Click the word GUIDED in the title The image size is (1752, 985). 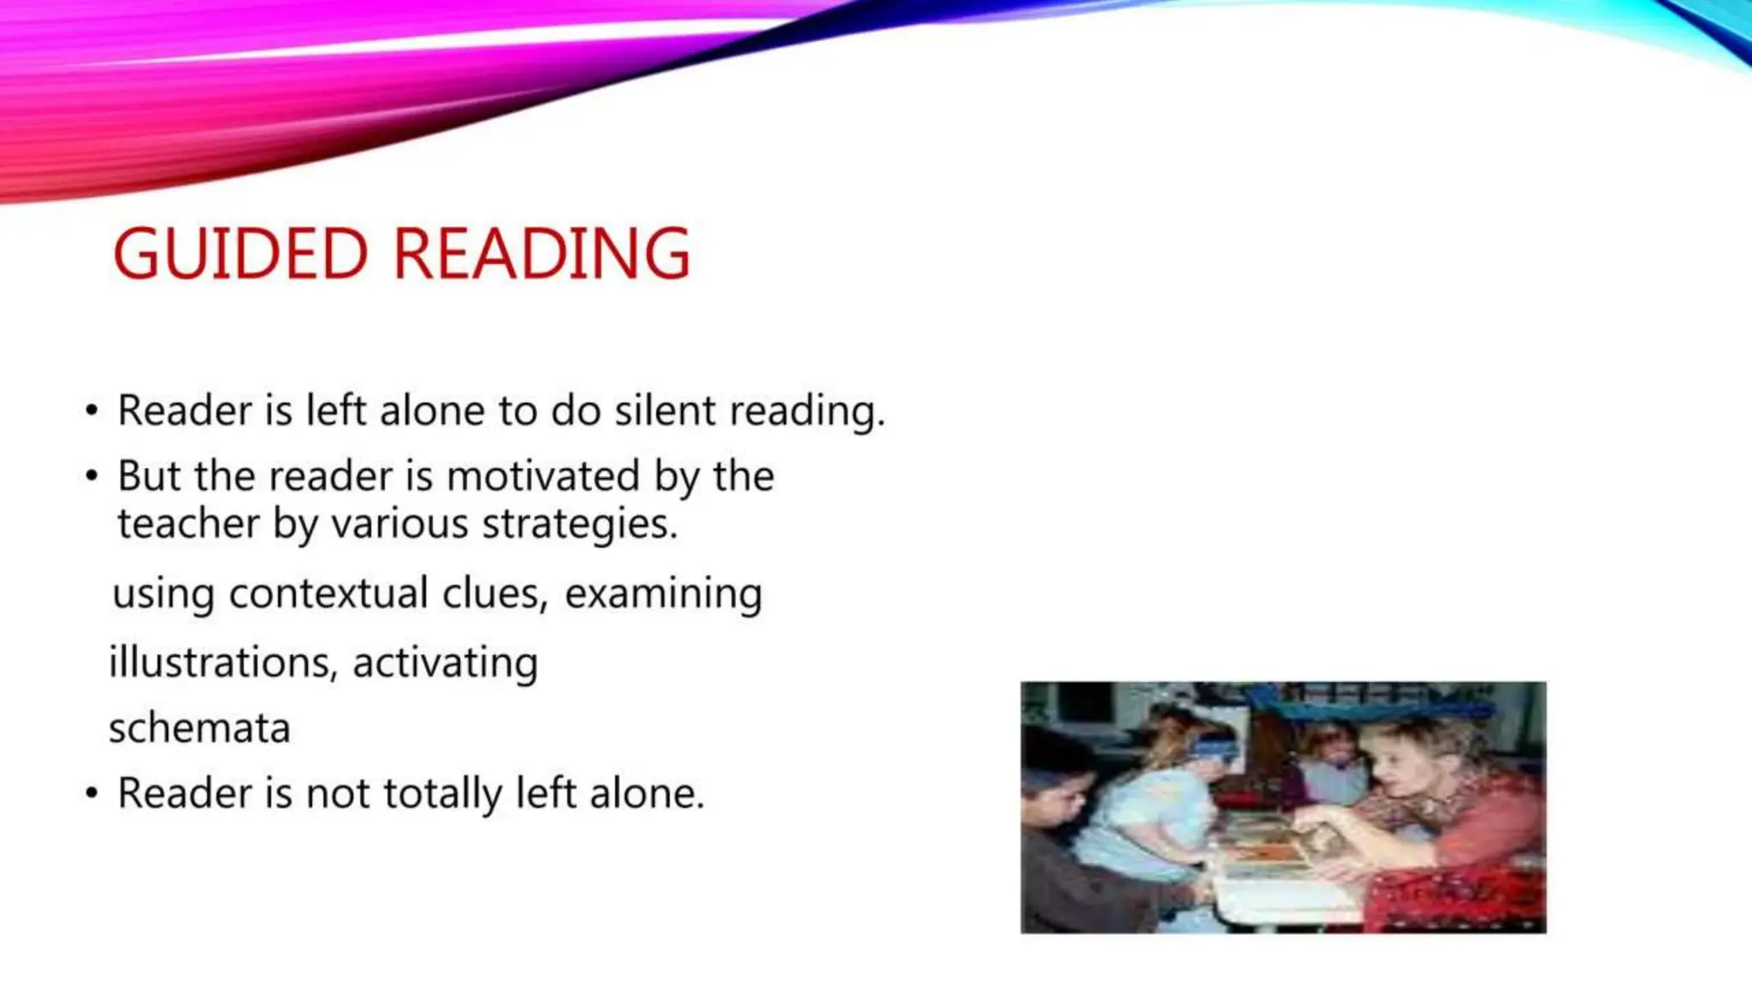click(x=240, y=254)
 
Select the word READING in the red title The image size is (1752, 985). click(x=542, y=254)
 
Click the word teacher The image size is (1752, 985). click(x=188, y=523)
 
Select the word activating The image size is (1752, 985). click(x=445, y=664)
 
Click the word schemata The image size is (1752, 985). click(x=199, y=728)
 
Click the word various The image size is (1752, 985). click(x=400, y=523)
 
